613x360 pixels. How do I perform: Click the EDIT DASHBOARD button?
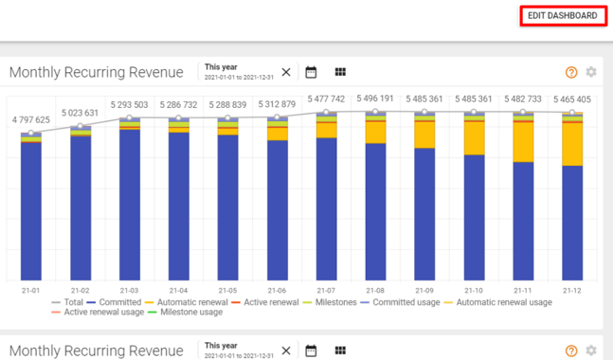[562, 16]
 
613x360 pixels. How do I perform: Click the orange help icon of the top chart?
[571, 72]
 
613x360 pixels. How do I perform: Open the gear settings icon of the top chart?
[591, 72]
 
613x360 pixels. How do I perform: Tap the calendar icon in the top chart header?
[311, 72]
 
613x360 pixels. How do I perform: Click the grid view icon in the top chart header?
[340, 72]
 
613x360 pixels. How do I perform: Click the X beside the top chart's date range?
[286, 72]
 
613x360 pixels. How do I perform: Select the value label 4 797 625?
[31, 120]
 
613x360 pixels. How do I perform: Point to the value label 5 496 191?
[376, 99]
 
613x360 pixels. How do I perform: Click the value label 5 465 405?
[571, 99]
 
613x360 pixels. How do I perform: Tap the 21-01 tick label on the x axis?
[31, 290]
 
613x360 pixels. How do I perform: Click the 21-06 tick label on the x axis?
[277, 290]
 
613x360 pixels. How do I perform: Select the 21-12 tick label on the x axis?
[571, 290]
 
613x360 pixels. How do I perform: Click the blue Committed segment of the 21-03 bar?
[130, 204]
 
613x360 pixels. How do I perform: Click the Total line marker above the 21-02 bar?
[81, 126]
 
